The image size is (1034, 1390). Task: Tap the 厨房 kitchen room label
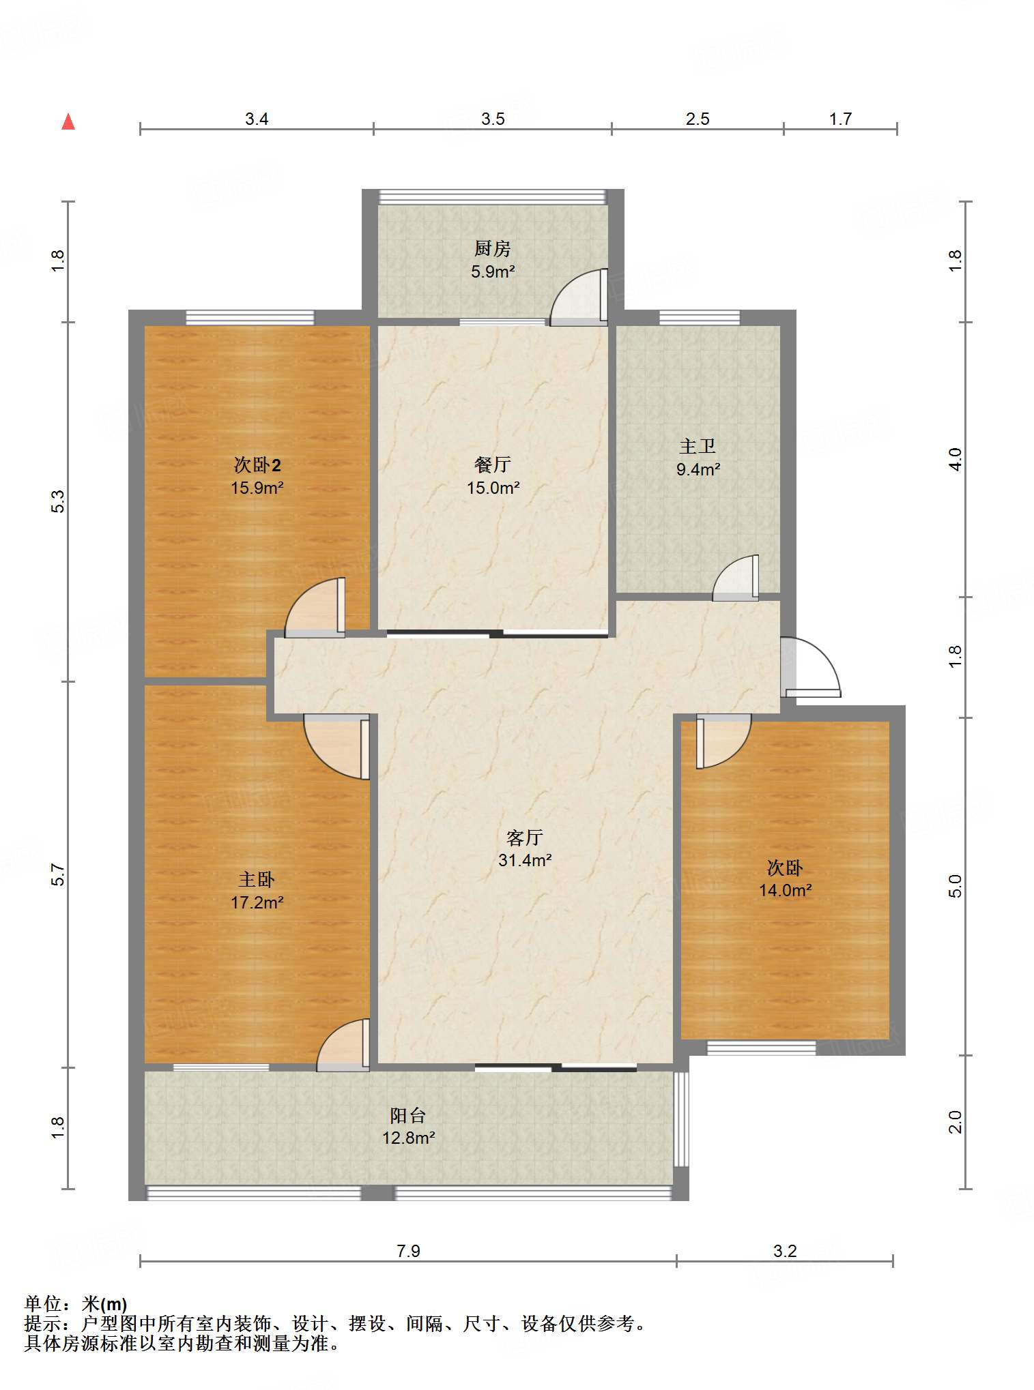(x=493, y=249)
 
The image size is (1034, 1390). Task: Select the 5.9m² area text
(x=493, y=271)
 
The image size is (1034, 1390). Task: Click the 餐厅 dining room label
(x=493, y=465)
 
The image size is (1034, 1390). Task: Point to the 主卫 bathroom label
(x=698, y=447)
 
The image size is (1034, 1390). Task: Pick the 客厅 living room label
(x=525, y=838)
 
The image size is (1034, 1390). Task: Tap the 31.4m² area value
(x=525, y=860)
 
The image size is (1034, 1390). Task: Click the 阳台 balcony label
(x=408, y=1116)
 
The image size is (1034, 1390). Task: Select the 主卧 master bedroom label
(x=257, y=880)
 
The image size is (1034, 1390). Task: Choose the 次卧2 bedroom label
(x=257, y=465)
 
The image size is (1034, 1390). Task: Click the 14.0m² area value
(x=786, y=890)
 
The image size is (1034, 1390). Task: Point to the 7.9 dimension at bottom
(x=408, y=1251)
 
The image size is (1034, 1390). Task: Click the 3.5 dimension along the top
(x=493, y=119)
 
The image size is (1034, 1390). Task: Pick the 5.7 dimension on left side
(x=59, y=874)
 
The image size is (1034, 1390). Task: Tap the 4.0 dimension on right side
(x=956, y=459)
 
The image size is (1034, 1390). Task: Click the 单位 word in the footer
(x=44, y=1304)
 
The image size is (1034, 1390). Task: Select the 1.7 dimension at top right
(x=840, y=119)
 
